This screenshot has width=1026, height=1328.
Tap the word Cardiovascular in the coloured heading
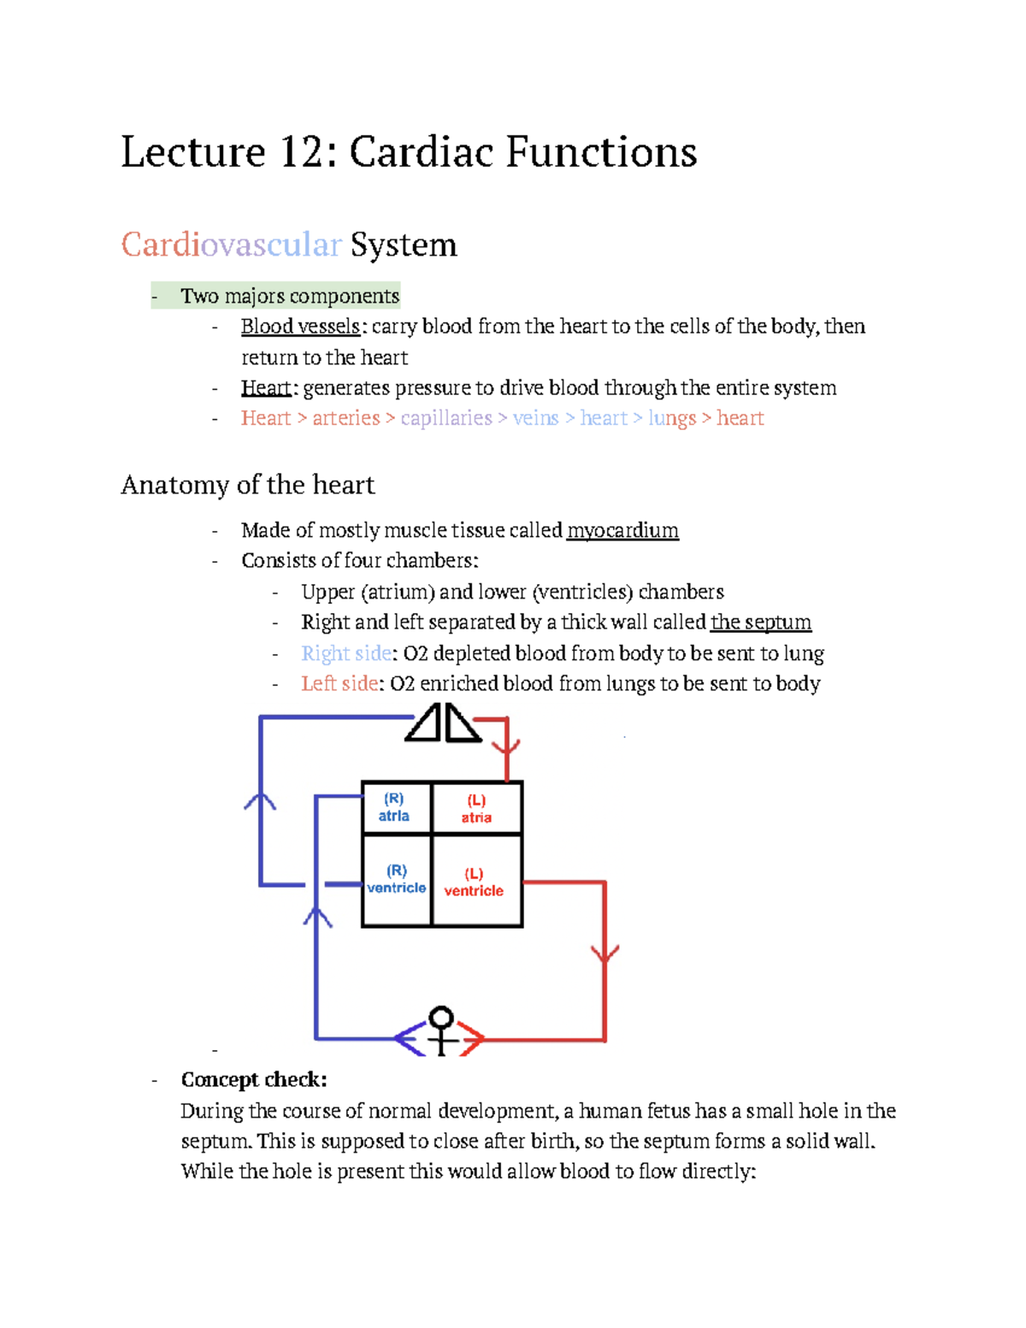(x=231, y=245)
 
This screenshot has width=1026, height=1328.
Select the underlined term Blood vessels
(x=300, y=327)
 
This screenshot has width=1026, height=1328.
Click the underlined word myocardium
(x=622, y=531)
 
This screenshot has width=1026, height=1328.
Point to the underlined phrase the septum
(x=760, y=623)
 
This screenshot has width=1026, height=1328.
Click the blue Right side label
(x=346, y=654)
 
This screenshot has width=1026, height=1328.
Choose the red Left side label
(x=339, y=684)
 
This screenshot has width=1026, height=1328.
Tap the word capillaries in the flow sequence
(x=446, y=418)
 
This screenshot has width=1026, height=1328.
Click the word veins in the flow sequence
(x=535, y=418)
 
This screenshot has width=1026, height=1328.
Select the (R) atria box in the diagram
(x=395, y=807)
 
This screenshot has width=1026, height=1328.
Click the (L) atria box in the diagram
(x=477, y=808)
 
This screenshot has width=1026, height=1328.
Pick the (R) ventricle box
(x=396, y=880)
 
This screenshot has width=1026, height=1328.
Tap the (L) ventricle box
(x=475, y=882)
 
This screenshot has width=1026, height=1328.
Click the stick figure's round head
(x=441, y=1018)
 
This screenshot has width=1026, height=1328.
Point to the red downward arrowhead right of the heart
(x=605, y=953)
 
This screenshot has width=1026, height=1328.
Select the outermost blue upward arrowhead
(x=260, y=802)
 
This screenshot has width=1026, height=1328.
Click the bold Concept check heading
(x=254, y=1080)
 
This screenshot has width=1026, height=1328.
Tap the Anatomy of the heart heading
(x=248, y=486)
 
